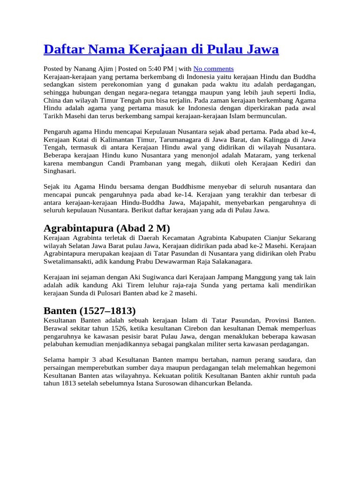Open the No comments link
pos(213,68)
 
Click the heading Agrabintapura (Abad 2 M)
pos(107,228)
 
